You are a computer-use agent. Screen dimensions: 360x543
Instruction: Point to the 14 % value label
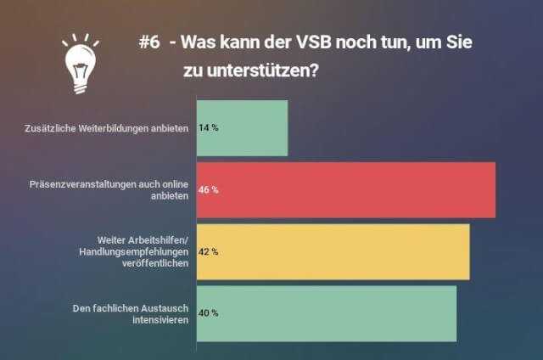point(208,128)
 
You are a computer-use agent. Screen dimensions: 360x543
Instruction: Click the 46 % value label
point(208,189)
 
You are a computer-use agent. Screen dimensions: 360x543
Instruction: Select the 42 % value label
point(208,251)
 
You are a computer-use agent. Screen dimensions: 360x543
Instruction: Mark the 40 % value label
point(208,312)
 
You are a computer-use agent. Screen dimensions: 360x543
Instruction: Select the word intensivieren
point(158,318)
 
